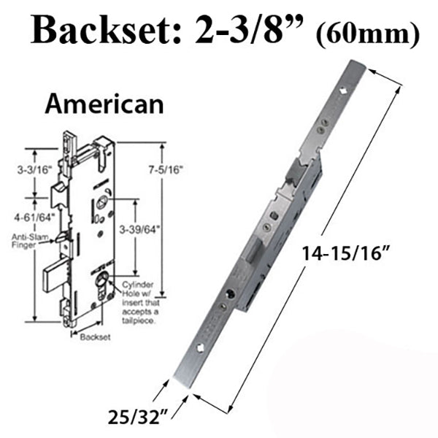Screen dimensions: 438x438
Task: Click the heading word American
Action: coord(104,104)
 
